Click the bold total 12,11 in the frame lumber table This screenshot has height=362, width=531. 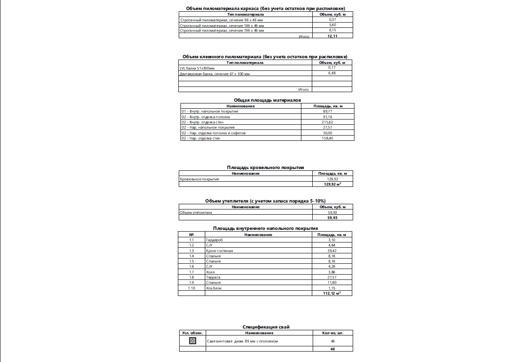click(x=333, y=36)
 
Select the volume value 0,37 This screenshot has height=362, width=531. click(x=333, y=20)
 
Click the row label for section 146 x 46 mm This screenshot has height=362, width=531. click(x=222, y=26)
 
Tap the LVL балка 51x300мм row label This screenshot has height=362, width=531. click(x=197, y=68)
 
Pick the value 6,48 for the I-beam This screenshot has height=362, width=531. click(x=333, y=73)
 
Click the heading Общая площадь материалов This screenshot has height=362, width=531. click(x=267, y=100)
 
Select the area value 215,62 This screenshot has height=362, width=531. click(x=328, y=122)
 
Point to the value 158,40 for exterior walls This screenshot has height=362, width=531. click(x=328, y=138)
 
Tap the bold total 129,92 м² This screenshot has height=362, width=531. click(x=333, y=184)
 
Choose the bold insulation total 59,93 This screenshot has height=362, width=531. click(x=333, y=218)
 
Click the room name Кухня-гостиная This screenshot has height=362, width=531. click(x=220, y=251)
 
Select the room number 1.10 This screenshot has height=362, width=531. click(x=191, y=288)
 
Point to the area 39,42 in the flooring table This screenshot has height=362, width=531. click(x=332, y=251)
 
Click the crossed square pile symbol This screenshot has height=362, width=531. click(x=193, y=341)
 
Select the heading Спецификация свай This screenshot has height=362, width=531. click(x=266, y=327)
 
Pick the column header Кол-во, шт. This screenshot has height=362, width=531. click(x=333, y=333)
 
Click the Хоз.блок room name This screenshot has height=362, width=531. click(x=214, y=288)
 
